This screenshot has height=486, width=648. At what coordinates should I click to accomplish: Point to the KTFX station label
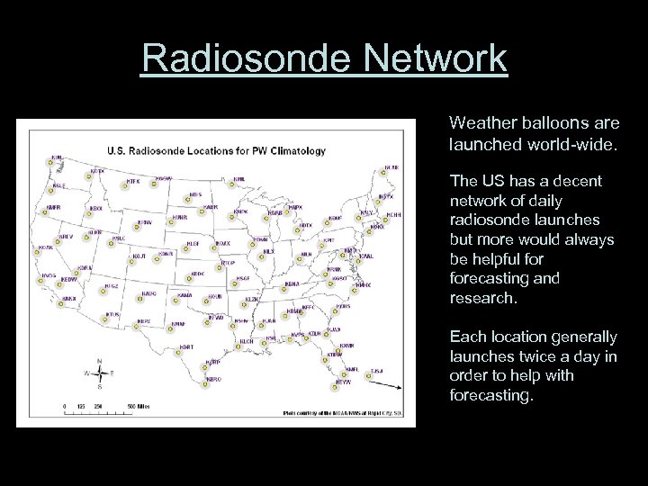(133, 181)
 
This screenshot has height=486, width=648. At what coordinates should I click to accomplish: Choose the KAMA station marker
(180, 303)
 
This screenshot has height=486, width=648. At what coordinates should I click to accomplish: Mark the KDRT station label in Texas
(186, 346)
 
